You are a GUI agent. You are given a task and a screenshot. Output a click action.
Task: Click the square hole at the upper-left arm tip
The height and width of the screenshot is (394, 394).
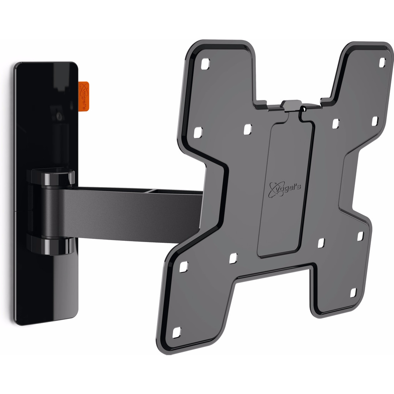click(205, 63)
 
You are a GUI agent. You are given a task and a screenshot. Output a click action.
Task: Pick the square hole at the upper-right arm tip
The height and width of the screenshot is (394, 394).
click(382, 62)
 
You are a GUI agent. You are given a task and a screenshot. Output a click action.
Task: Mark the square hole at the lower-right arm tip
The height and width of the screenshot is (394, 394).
click(353, 293)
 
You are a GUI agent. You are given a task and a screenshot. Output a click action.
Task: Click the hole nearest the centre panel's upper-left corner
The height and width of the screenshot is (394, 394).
click(247, 129)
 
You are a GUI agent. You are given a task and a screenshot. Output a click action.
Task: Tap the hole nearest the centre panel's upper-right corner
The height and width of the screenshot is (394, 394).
click(336, 124)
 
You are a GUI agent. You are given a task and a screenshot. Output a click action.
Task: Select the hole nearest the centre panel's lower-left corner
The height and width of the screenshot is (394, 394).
click(233, 258)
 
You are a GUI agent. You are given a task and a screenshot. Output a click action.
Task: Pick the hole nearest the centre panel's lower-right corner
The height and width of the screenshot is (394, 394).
click(321, 243)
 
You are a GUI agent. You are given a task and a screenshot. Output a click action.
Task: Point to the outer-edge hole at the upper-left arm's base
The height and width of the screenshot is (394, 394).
click(197, 133)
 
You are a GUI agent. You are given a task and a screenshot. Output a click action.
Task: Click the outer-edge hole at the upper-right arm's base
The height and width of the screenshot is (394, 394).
click(375, 121)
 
